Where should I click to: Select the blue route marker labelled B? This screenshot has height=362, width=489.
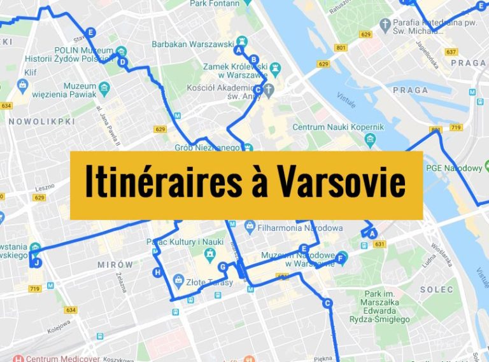point(253,60)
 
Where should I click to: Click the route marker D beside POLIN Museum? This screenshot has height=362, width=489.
point(122,62)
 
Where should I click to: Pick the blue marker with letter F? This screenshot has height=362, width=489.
point(341,258)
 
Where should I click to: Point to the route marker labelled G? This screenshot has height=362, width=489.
point(222,267)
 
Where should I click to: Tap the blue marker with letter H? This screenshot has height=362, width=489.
point(157,273)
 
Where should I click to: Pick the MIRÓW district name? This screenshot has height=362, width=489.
point(115,265)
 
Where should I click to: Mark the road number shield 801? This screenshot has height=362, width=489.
point(341,48)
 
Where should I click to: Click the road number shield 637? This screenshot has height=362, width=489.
point(451,52)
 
